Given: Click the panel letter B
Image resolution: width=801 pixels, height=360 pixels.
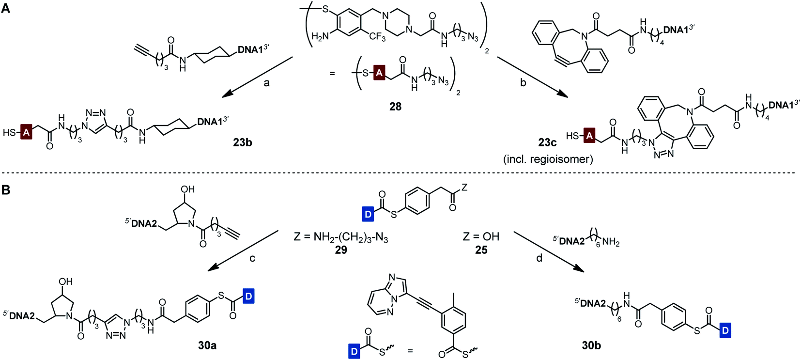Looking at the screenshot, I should [x=5, y=189].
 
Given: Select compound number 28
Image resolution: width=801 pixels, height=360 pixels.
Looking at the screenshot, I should [x=395, y=106].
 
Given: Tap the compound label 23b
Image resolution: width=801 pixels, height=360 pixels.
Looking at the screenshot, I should [x=242, y=142].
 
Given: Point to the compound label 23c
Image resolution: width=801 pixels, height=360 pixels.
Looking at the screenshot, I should [x=547, y=142].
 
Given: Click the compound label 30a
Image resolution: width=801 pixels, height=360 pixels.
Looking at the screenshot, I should [x=207, y=345].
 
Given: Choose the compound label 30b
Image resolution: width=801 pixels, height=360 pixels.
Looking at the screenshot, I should [x=591, y=345].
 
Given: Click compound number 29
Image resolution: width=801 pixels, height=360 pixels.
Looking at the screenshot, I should [x=341, y=250].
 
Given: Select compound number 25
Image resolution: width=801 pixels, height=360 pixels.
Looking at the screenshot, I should [x=481, y=250].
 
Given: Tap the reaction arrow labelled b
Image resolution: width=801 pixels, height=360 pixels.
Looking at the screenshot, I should [x=533, y=77].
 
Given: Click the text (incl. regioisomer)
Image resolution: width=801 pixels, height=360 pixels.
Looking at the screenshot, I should [x=547, y=159].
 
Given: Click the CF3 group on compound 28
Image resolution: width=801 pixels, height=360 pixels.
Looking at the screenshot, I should [x=377, y=37].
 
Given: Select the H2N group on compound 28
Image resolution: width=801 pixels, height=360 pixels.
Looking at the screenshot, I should [x=320, y=36].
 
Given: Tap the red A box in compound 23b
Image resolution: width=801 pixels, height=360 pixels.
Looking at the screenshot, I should [x=26, y=132].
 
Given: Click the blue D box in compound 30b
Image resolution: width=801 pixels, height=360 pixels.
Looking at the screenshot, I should [x=725, y=331].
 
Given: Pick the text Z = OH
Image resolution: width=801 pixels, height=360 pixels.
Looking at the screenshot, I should [x=481, y=236].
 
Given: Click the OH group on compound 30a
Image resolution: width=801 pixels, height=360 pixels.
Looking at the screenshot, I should [x=65, y=282].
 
